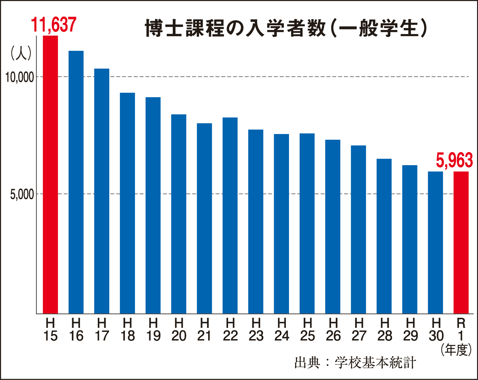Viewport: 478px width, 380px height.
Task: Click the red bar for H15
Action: point(50,175)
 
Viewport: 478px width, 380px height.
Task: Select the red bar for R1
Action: point(461,242)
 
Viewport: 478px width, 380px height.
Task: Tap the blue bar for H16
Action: point(76,182)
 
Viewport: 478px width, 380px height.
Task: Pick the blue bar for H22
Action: point(230,215)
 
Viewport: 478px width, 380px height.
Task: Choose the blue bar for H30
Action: point(435,242)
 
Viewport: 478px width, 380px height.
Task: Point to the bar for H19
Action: point(153,205)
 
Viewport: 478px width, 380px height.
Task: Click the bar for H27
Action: point(358,229)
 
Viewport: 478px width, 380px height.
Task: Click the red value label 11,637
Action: point(53,25)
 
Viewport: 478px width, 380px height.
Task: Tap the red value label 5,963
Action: point(454,161)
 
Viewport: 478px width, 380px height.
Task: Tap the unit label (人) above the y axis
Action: point(21,53)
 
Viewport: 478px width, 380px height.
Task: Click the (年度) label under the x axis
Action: point(456,350)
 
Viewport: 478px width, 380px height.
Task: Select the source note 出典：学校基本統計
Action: point(355,363)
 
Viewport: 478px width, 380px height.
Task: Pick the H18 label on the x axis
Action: point(127,330)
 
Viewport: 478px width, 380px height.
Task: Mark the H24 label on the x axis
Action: point(281,330)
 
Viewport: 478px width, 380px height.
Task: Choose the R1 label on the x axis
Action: point(461,330)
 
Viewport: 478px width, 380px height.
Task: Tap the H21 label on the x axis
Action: point(204,330)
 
